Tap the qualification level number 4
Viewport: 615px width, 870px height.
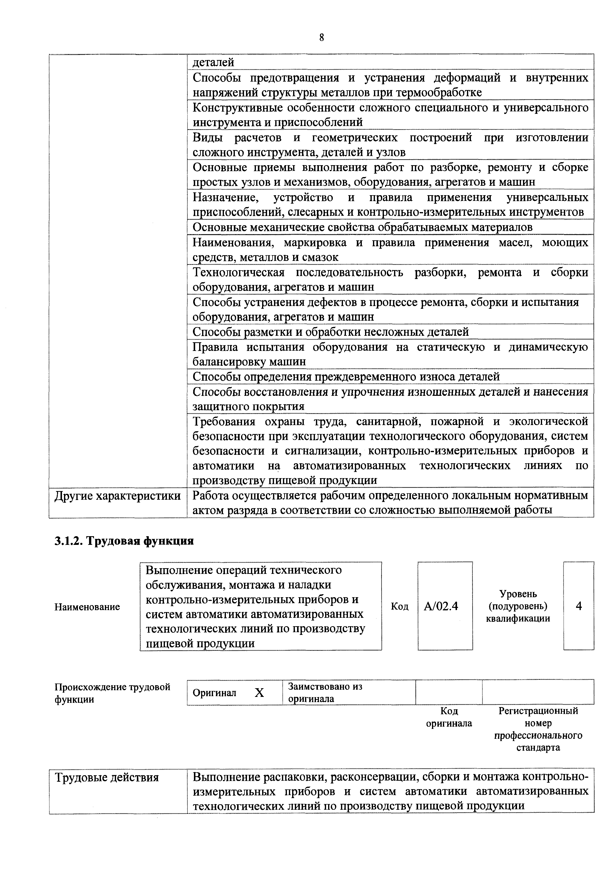(x=578, y=606)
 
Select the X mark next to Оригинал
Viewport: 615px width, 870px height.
(x=259, y=693)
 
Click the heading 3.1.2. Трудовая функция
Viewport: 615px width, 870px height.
(x=124, y=541)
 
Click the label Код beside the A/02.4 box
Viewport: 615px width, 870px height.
(x=400, y=607)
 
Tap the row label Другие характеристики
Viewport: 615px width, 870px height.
(x=118, y=496)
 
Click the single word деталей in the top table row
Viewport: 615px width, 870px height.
(x=213, y=62)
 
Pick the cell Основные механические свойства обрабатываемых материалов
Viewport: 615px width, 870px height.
(x=362, y=227)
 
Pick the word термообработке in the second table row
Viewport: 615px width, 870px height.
(x=438, y=93)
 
